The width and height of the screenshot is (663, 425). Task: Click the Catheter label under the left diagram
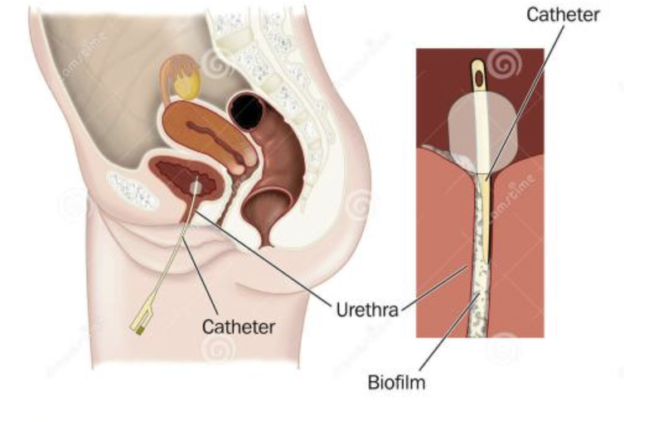pyautogui.click(x=239, y=326)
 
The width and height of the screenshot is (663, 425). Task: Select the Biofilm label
pyautogui.click(x=397, y=383)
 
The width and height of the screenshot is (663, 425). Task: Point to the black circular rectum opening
pyautogui.click(x=246, y=110)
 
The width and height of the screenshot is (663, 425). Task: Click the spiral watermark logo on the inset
pyautogui.click(x=505, y=62)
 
